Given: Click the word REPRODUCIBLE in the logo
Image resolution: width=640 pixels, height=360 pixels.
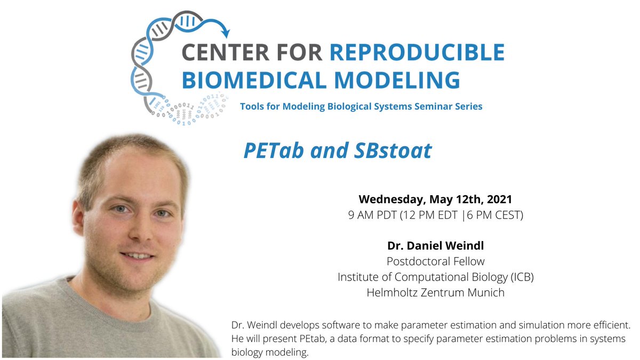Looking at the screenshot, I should coord(417,52).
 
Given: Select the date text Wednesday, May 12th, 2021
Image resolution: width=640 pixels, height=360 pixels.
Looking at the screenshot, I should coord(435,200).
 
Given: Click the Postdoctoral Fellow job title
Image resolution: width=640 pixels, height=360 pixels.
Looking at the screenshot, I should coord(435,262).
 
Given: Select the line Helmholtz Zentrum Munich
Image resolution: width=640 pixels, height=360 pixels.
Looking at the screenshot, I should coord(435,292).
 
